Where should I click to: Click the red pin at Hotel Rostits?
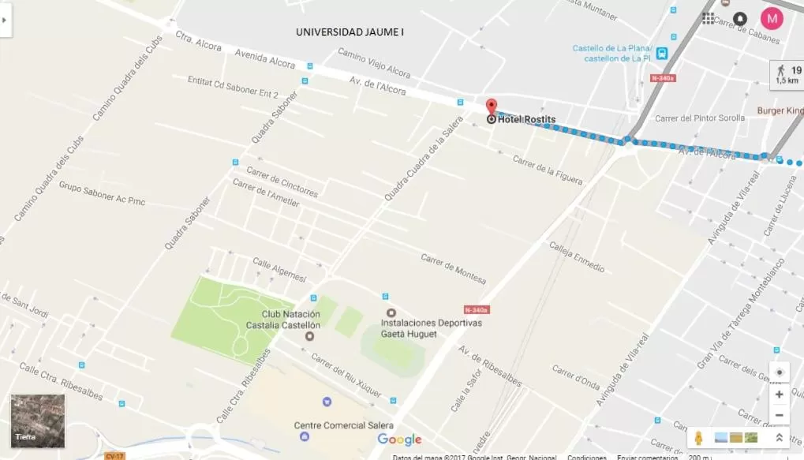(x=491, y=107)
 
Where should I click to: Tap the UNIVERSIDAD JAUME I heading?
(x=350, y=32)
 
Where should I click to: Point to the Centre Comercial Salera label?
(x=343, y=425)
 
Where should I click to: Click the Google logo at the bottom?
(x=399, y=439)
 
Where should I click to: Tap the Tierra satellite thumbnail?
(x=38, y=421)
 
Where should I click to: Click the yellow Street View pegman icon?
(x=698, y=438)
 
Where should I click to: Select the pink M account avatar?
(x=772, y=17)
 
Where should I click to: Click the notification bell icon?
(x=739, y=18)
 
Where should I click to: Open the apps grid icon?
(x=708, y=18)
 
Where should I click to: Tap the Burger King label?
(x=780, y=111)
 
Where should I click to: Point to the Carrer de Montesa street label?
(x=453, y=269)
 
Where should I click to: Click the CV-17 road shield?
(x=114, y=455)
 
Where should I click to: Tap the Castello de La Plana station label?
(x=612, y=53)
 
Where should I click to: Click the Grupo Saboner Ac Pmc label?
(x=102, y=195)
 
